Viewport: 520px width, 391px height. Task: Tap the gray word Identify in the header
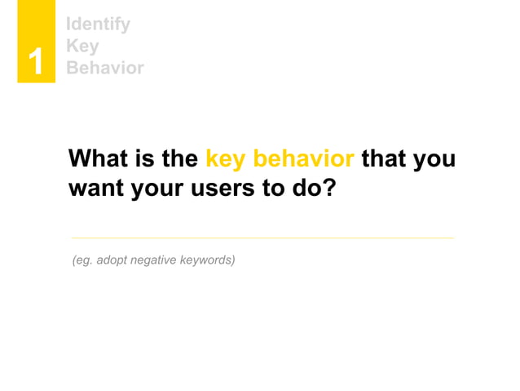[x=98, y=24]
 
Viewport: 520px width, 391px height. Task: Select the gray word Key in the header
[x=82, y=46]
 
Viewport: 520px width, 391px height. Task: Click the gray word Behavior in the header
[x=105, y=68]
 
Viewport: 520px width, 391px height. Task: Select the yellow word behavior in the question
[x=305, y=158]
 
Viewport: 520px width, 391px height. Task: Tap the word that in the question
[x=384, y=158]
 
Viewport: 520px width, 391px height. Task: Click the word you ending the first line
[x=434, y=159]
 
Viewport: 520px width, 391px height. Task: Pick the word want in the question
[x=95, y=189]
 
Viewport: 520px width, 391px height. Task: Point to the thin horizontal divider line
[x=262, y=238]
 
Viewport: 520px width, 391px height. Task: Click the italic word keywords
[x=208, y=260]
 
